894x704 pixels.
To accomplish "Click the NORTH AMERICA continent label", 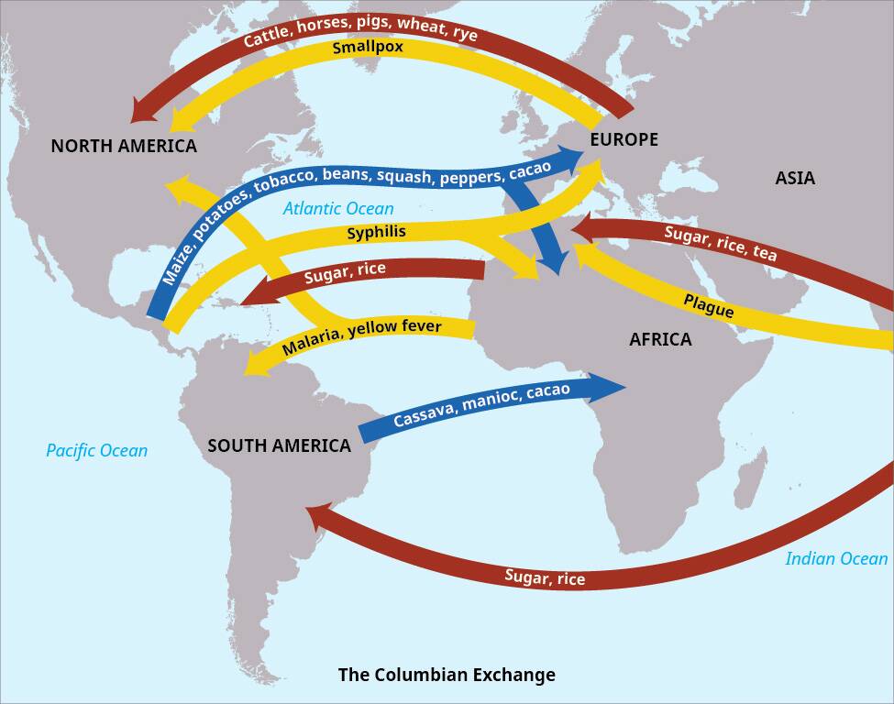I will click(124, 146).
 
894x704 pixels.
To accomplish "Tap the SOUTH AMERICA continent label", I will click(279, 445).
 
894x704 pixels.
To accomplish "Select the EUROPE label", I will click(624, 139).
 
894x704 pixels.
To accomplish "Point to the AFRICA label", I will click(660, 339).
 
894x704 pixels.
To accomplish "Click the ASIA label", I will click(795, 178).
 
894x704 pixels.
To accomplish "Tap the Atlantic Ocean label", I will click(338, 209).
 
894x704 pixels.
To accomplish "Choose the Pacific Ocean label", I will click(96, 450).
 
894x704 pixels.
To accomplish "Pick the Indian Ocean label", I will click(838, 558).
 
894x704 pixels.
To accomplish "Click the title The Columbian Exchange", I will click(447, 676).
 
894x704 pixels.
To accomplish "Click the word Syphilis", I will click(376, 233).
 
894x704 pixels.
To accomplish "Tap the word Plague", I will click(709, 305).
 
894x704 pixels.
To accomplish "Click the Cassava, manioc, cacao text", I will click(481, 405).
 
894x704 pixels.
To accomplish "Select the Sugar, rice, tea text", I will click(720, 244).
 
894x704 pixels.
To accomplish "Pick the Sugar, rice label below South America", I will click(545, 577).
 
